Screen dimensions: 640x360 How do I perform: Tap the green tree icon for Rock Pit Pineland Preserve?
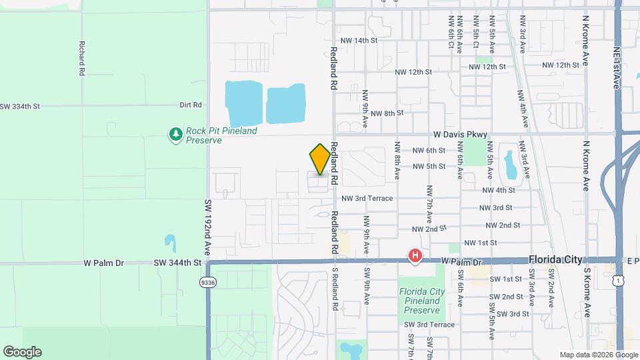(x=175, y=135)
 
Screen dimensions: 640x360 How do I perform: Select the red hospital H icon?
(x=415, y=256)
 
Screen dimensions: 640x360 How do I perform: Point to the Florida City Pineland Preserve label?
(x=421, y=301)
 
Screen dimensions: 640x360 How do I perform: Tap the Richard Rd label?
(x=81, y=58)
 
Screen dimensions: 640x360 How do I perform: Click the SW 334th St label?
(x=20, y=106)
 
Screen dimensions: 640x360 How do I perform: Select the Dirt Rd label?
(x=190, y=105)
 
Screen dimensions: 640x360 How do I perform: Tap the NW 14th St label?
(x=359, y=41)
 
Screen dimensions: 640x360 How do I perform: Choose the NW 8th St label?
(x=387, y=113)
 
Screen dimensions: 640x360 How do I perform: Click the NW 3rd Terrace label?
(x=367, y=199)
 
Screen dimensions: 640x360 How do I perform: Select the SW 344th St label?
(x=179, y=263)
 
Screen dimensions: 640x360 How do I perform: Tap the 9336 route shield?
(x=207, y=283)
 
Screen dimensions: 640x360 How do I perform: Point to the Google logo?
(x=22, y=352)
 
